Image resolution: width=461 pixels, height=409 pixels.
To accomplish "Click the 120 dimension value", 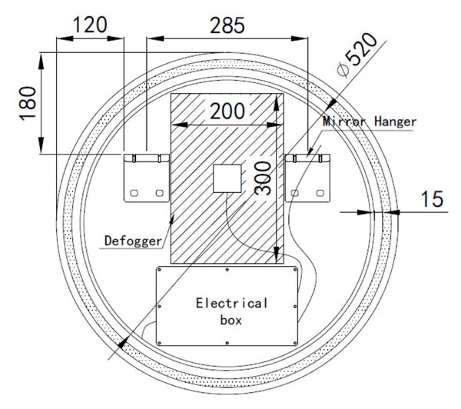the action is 90,25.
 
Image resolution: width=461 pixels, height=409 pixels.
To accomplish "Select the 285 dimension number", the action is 227,25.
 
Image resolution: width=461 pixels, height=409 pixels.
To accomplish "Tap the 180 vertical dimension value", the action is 28,103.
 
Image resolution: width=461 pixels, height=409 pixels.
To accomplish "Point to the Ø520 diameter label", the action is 357,55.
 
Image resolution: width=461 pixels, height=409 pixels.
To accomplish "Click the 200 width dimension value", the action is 227,111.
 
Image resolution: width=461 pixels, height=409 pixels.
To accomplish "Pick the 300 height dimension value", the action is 263,178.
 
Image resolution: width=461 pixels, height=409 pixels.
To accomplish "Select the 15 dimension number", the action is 432,199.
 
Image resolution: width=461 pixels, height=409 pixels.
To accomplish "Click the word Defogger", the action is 133,241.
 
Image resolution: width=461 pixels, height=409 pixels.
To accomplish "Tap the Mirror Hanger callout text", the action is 370,121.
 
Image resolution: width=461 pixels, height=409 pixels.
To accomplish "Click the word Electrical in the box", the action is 232,303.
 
